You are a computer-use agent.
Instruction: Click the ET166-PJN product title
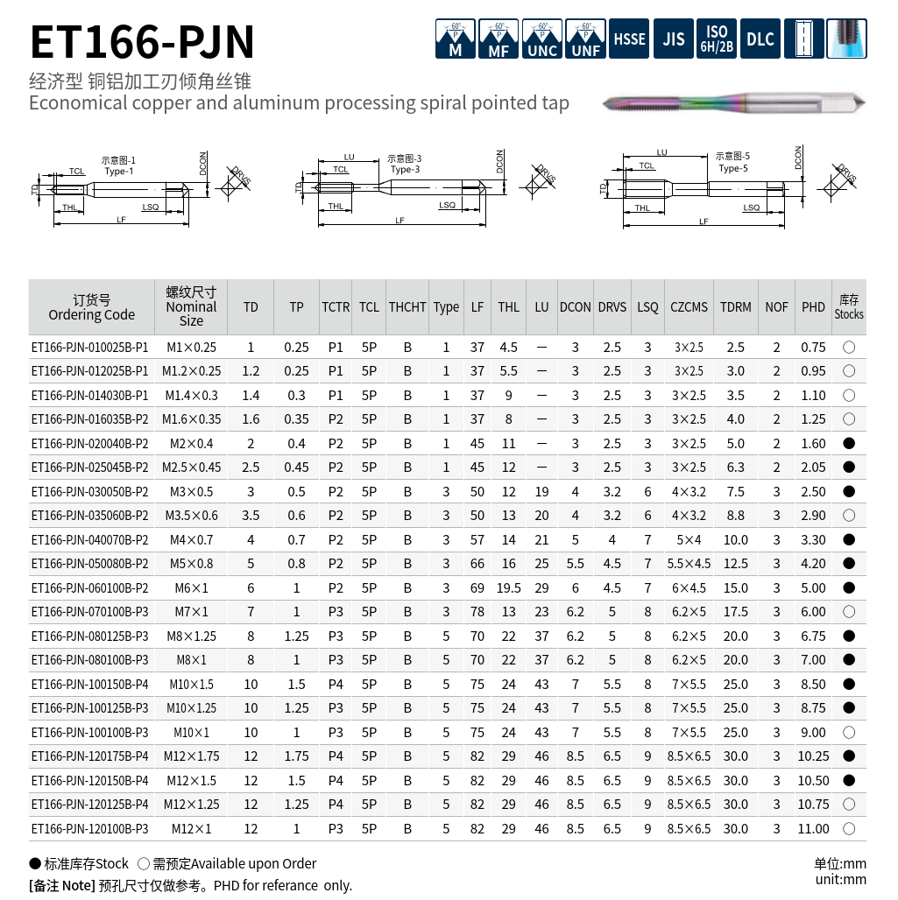point(142,41)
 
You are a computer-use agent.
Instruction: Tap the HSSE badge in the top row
point(629,39)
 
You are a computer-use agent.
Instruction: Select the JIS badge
point(673,39)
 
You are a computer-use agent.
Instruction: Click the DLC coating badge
point(760,39)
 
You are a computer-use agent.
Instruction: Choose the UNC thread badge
point(541,39)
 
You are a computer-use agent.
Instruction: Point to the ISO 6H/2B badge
point(716,39)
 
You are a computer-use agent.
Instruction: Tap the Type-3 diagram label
point(405,169)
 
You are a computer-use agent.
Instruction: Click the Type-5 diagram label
point(733,168)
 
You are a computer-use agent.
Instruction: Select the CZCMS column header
point(689,307)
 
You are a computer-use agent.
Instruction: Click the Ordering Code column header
point(92,307)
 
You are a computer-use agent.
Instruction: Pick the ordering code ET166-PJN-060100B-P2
point(89,588)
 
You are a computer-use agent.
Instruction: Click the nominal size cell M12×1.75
point(192,756)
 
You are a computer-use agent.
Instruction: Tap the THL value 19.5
point(509,588)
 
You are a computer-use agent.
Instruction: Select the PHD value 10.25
point(813,756)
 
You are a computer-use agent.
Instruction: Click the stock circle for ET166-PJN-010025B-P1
point(848,348)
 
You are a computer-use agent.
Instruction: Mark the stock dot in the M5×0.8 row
point(848,564)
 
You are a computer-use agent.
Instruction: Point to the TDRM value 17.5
point(735,612)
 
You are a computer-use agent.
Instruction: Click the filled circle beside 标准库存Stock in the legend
point(35,863)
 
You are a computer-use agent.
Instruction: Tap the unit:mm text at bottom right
point(840,879)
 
